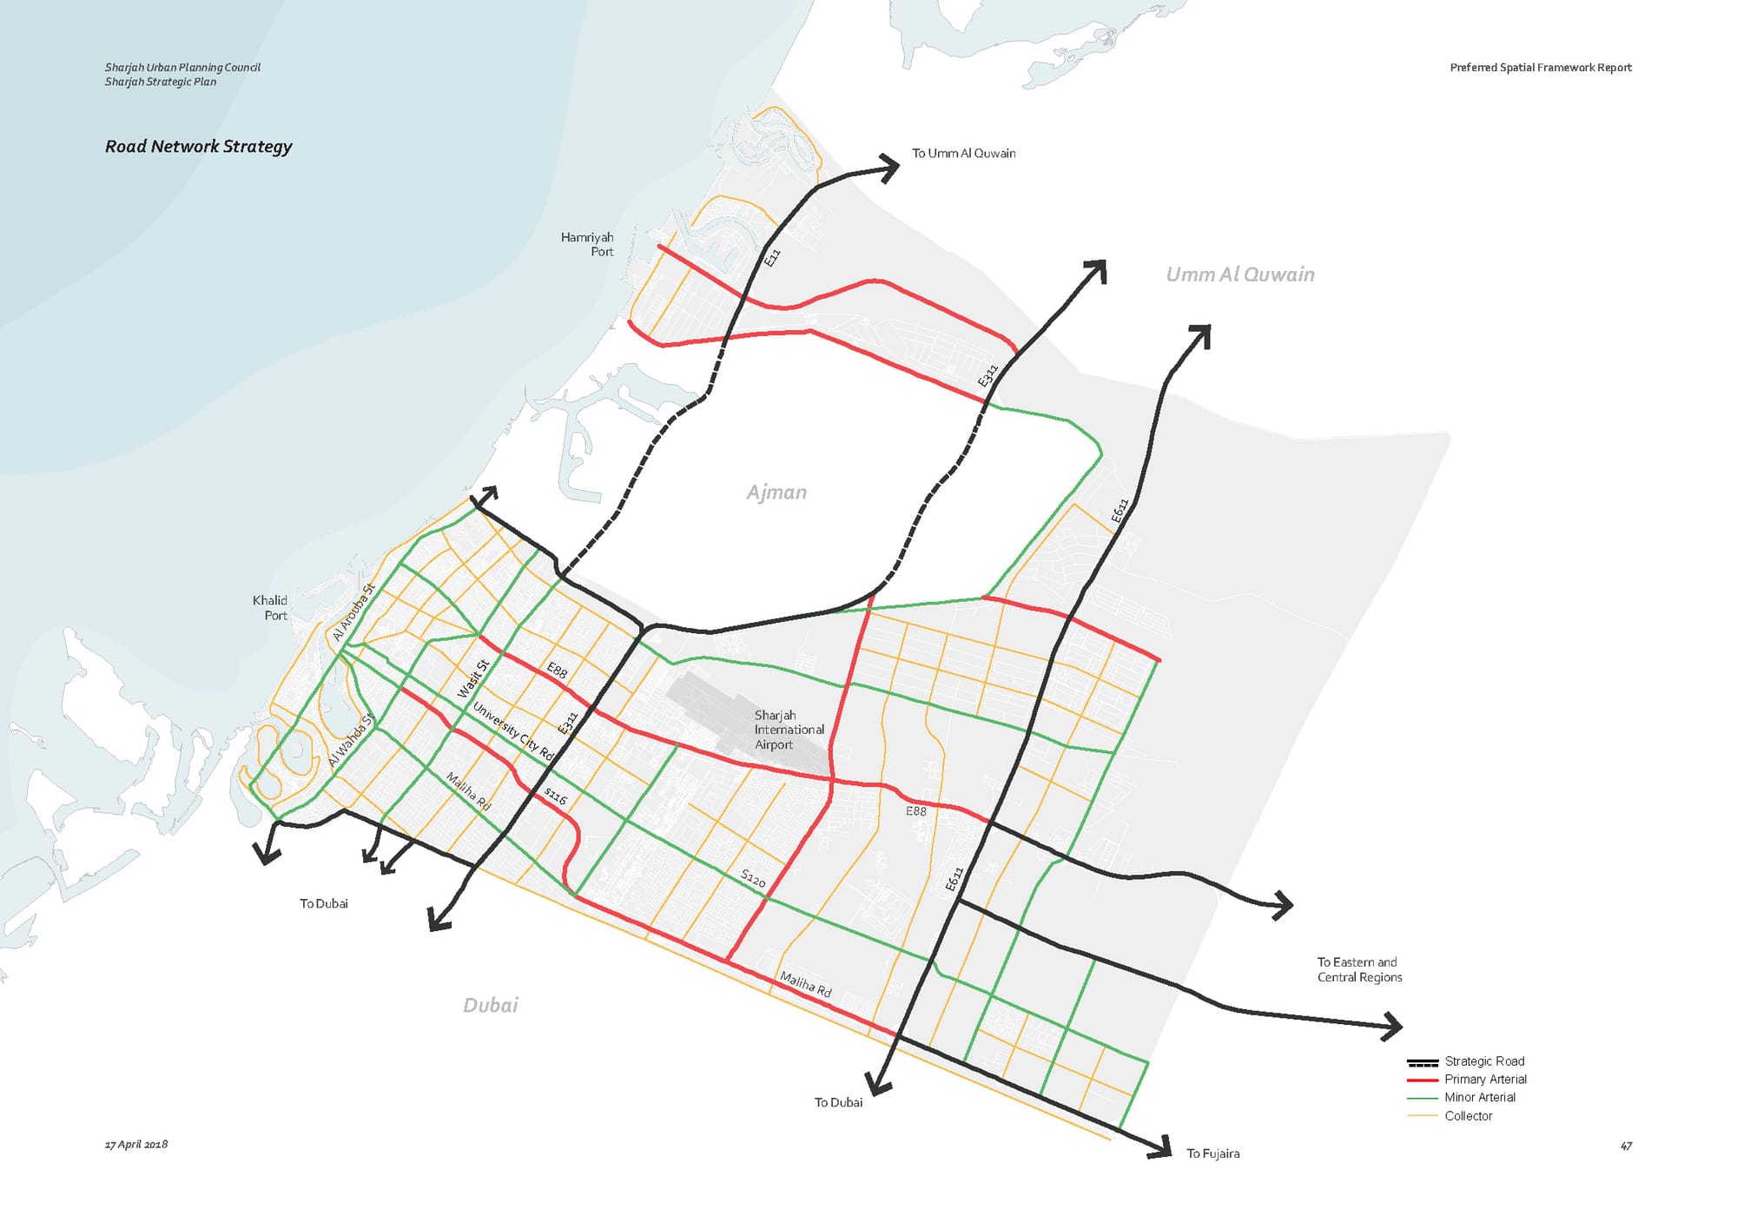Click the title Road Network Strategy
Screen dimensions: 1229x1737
198,146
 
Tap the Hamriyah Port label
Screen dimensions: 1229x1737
588,244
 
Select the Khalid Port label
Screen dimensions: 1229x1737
270,607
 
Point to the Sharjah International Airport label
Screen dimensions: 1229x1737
788,730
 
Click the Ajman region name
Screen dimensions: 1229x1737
776,492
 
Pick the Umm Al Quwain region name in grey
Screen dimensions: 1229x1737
1239,274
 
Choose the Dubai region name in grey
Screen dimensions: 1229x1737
490,1005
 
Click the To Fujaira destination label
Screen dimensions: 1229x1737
1212,1153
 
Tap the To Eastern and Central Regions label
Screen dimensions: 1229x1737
1359,969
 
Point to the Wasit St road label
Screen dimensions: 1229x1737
473,679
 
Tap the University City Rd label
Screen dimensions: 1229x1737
512,731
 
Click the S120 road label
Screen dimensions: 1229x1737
753,879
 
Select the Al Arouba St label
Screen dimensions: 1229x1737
353,612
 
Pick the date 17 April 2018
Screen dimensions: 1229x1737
136,1144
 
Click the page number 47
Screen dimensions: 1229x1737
1626,1146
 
